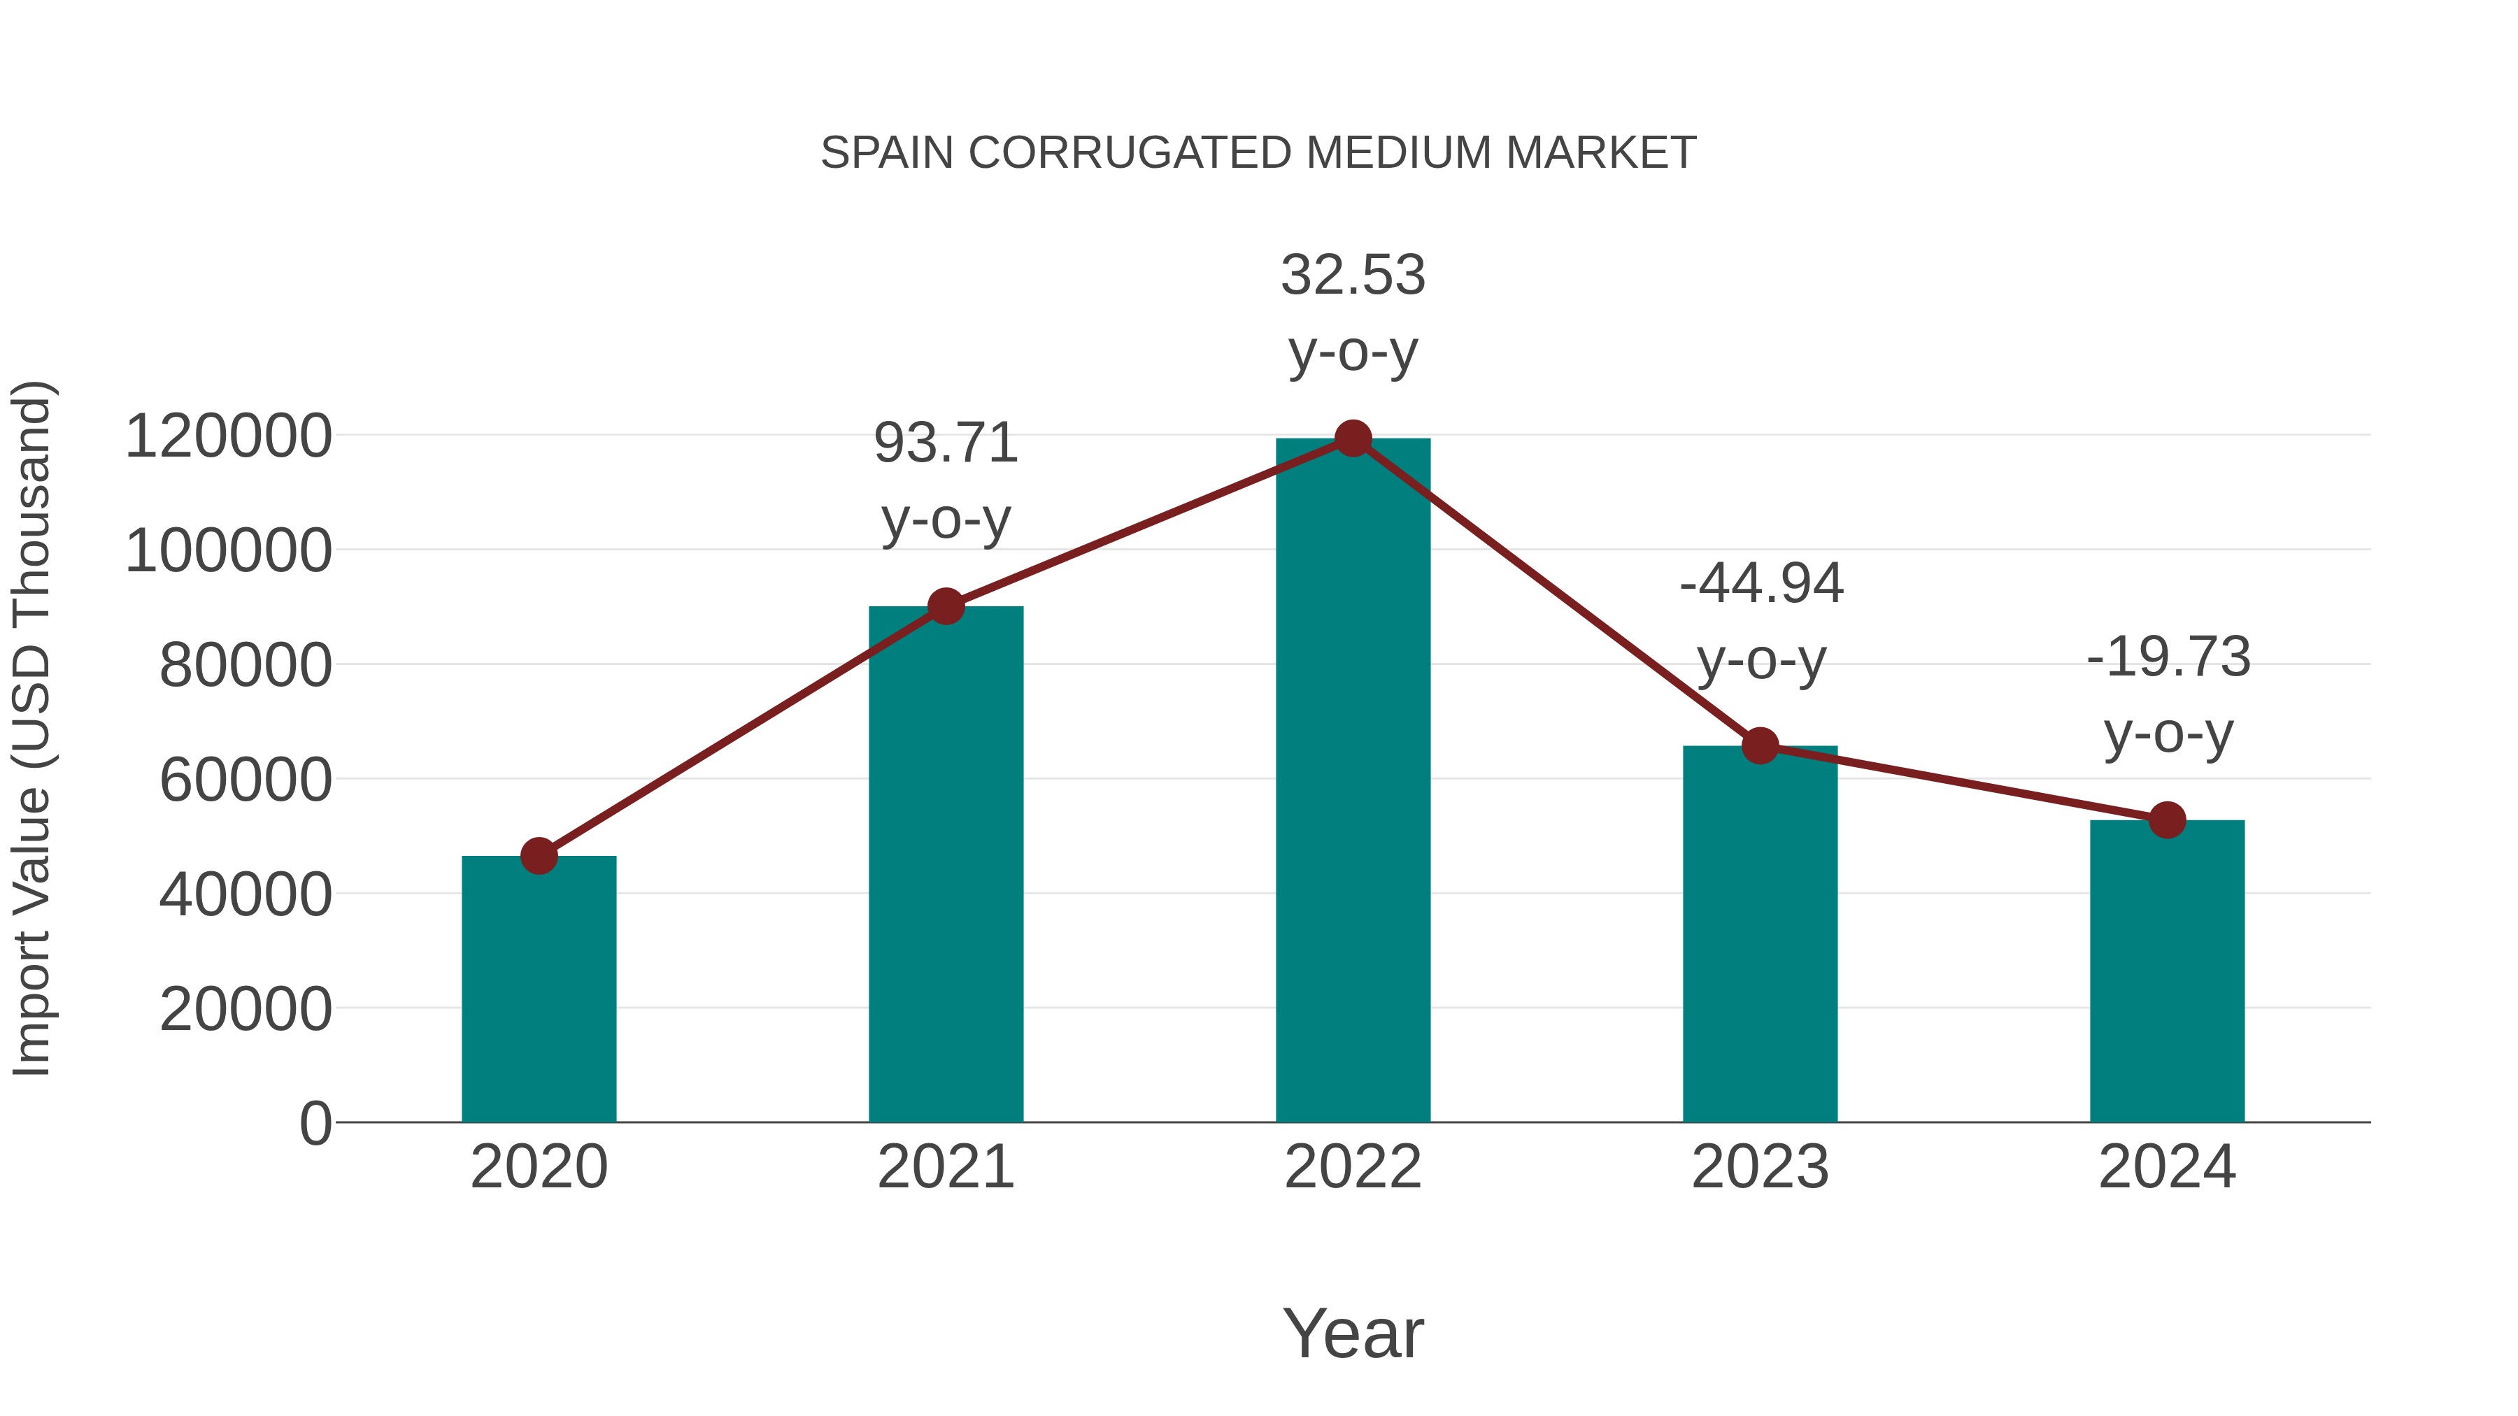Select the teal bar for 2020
point(539,989)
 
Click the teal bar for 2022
point(1353,782)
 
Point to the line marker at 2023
point(1760,745)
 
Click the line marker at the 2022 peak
point(1353,438)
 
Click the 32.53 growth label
point(1353,276)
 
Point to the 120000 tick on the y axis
point(229,437)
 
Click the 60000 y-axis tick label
point(246,781)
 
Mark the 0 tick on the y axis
point(315,1124)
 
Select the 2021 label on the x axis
point(945,1167)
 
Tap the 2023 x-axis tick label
point(1760,1167)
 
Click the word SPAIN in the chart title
point(887,153)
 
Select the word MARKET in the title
point(1600,153)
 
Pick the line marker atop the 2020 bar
point(539,856)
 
